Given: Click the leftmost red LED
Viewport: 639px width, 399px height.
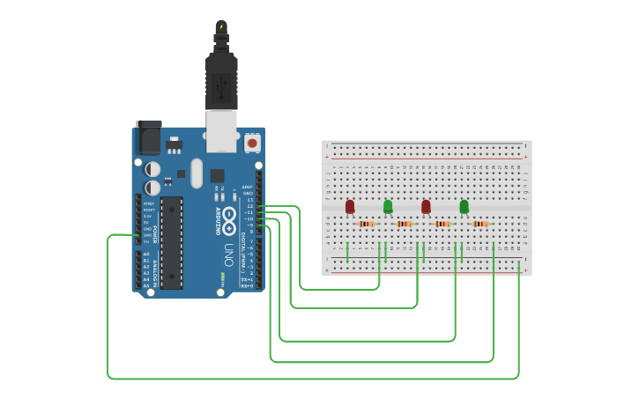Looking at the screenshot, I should pos(350,206).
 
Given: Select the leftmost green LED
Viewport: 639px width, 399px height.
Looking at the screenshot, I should pos(388,206).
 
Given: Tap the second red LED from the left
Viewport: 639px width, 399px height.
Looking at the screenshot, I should pos(426,206).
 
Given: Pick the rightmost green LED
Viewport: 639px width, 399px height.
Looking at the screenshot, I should pos(464,206).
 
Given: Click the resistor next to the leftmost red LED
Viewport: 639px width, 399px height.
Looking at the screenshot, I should pos(366,224).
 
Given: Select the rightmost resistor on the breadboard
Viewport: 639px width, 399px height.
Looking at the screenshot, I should pos(479,224).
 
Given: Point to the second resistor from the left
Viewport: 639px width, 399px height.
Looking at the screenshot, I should pos(404,224).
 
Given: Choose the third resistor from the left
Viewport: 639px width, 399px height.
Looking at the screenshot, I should pos(442,224).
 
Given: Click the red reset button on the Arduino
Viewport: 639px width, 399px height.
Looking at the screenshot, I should pos(253,142).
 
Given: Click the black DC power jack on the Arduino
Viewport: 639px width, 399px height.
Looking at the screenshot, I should pos(147,138).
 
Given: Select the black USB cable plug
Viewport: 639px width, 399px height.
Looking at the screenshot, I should pos(220,79).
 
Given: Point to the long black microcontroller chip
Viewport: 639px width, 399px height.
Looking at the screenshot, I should pos(172,242).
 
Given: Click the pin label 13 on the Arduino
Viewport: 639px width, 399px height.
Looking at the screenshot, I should pos(250,200).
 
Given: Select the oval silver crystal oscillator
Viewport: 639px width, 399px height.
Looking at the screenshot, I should pos(196,173).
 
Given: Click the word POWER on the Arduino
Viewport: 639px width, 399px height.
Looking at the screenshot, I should pos(155,233).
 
